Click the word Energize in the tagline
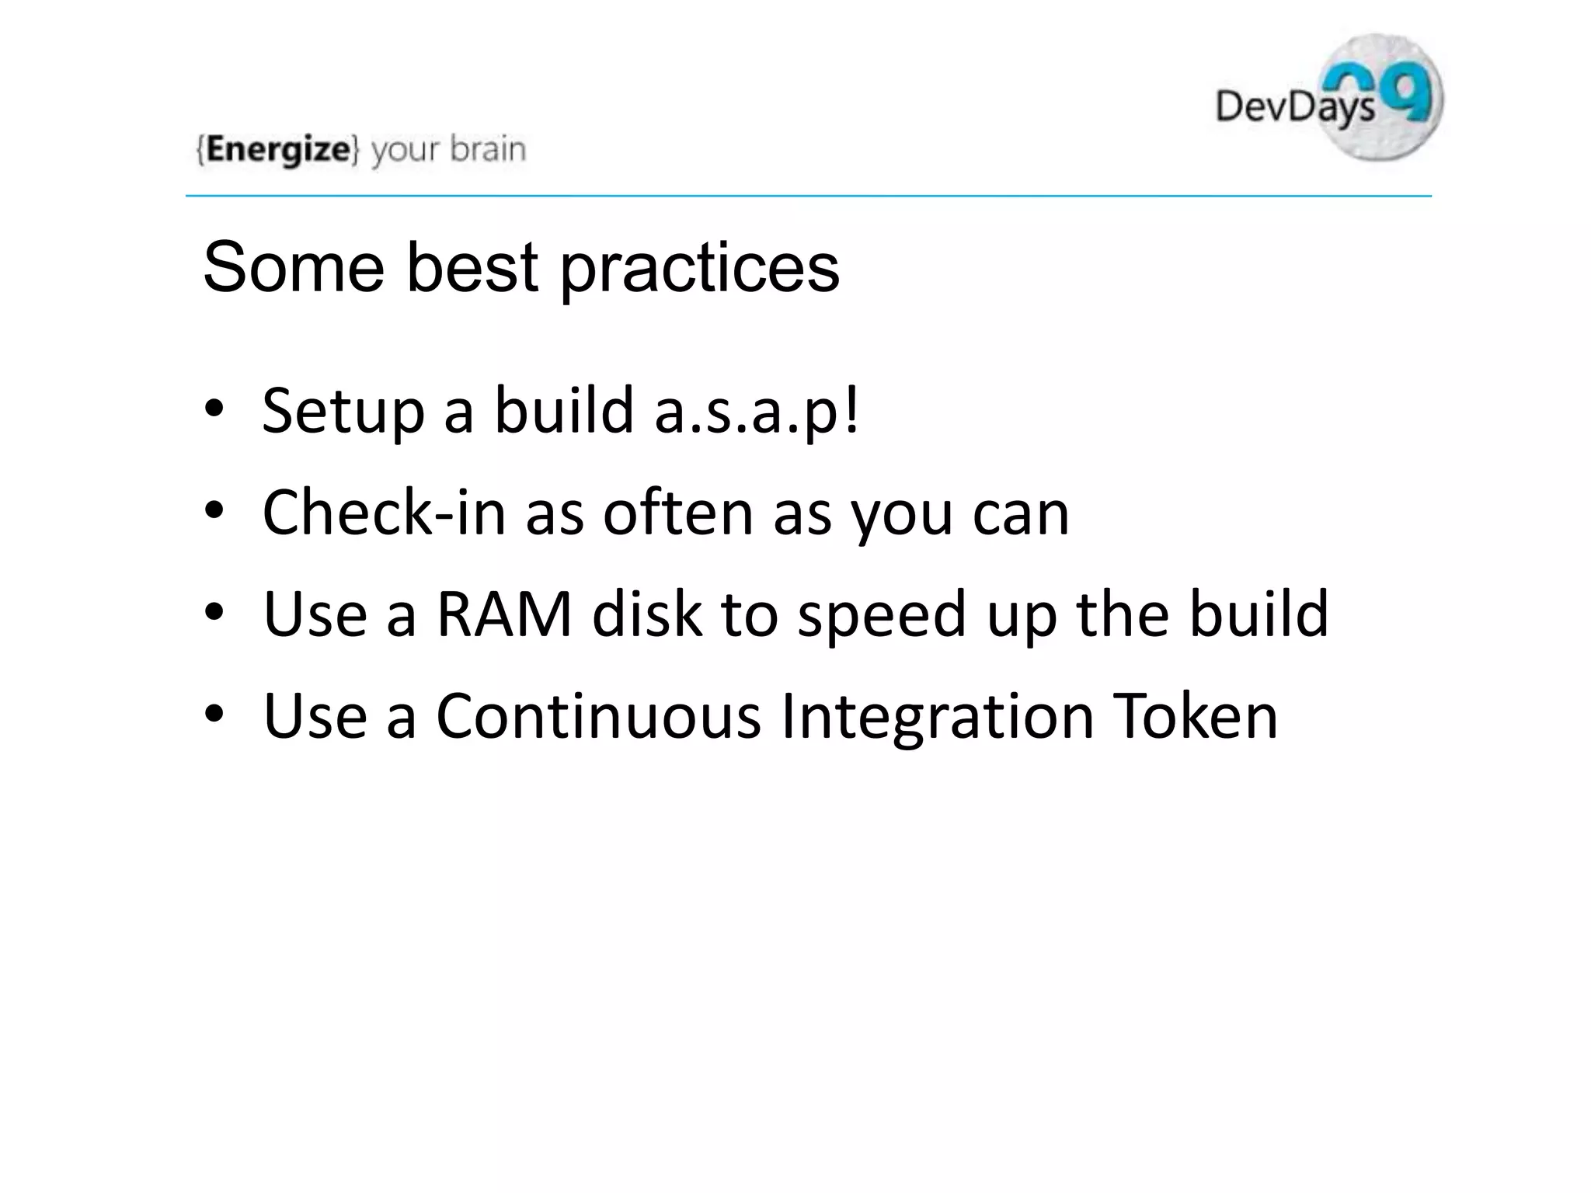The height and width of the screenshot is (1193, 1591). (x=277, y=149)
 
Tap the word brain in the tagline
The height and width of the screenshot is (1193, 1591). (x=488, y=149)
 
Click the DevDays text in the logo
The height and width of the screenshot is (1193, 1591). (x=1293, y=106)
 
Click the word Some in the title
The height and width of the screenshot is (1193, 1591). (x=293, y=267)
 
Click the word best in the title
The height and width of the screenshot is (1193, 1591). (x=472, y=267)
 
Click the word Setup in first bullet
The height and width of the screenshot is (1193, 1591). (x=343, y=412)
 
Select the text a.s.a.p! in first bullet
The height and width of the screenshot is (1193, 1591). (x=757, y=412)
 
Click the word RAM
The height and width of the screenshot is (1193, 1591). (x=503, y=614)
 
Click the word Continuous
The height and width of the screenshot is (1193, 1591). (x=598, y=716)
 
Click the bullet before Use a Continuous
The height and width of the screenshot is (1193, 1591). (x=214, y=714)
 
